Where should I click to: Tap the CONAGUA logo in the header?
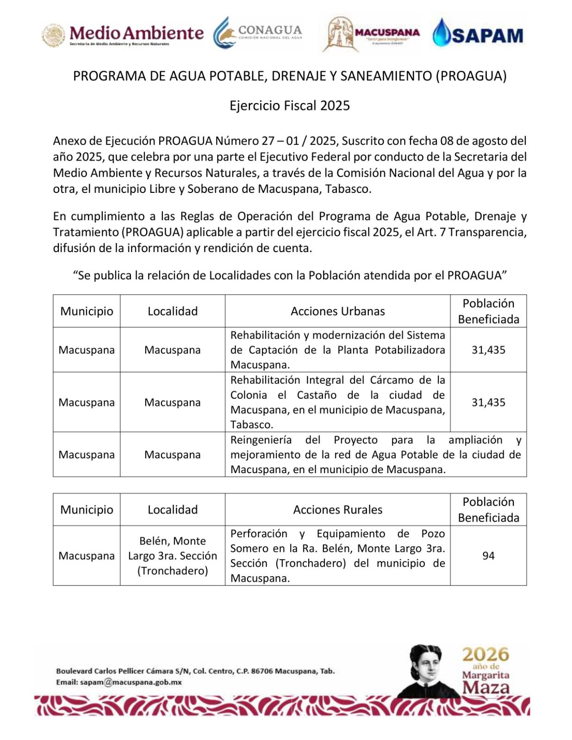point(257,32)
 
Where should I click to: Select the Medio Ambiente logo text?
point(136,33)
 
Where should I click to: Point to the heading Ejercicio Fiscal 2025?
point(290,106)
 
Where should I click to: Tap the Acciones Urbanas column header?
point(337,311)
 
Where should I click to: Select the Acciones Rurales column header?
point(337,510)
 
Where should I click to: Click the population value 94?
point(488,555)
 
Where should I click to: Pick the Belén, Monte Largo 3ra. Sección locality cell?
point(173,555)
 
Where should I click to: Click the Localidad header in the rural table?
point(173,510)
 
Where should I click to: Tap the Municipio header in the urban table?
point(87,311)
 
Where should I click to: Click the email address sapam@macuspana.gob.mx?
point(131,682)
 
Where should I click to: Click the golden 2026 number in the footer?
point(485,654)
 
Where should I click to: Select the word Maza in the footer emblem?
point(485,687)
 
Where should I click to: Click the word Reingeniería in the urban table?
point(261,440)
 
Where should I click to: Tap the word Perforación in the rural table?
point(259,534)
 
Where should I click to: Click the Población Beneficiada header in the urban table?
point(488,311)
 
